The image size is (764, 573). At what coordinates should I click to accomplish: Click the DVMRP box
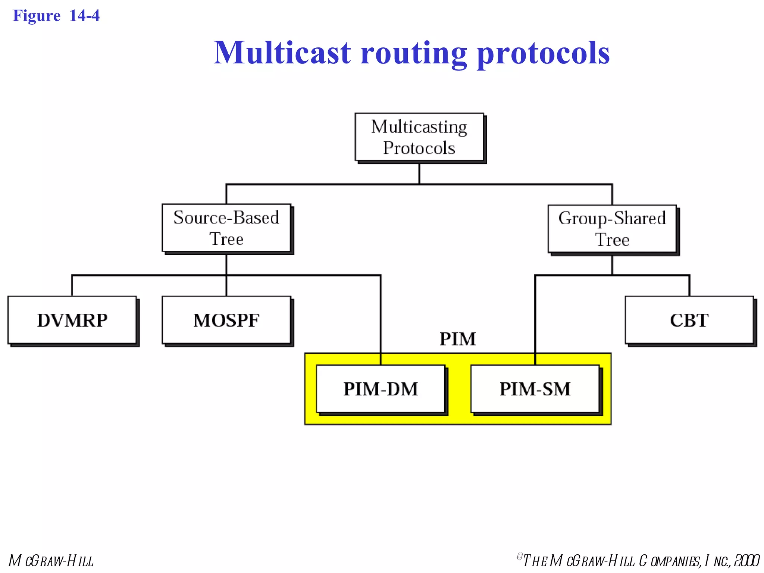tap(72, 320)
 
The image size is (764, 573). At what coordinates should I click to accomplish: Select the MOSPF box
tap(226, 320)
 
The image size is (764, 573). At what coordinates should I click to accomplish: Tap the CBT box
tap(689, 320)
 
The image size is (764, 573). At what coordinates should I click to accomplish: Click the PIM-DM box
tap(381, 389)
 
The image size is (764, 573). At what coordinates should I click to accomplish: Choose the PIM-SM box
tap(535, 389)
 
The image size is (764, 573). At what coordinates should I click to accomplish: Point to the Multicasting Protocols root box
tap(419, 137)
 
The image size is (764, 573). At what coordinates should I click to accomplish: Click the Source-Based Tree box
tap(226, 228)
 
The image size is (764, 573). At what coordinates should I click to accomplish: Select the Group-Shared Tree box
tap(612, 229)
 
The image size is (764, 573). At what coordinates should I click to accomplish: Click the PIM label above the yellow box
tap(458, 339)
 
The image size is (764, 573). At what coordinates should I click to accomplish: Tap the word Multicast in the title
tap(282, 53)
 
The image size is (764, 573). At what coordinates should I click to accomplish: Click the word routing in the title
tap(413, 53)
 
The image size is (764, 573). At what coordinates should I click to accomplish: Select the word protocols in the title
tap(543, 53)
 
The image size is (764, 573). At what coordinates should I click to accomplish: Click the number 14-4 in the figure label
tap(85, 16)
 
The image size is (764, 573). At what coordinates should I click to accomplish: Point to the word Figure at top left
tap(37, 16)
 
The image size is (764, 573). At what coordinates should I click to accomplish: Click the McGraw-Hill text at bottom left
tap(51, 561)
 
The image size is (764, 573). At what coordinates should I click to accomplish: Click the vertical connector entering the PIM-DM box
tap(381, 317)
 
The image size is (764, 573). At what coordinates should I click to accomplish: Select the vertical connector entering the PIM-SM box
tap(535, 317)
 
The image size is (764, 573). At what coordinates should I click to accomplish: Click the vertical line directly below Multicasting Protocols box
tap(419, 173)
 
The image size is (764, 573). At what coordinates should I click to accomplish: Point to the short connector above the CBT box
tap(689, 286)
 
